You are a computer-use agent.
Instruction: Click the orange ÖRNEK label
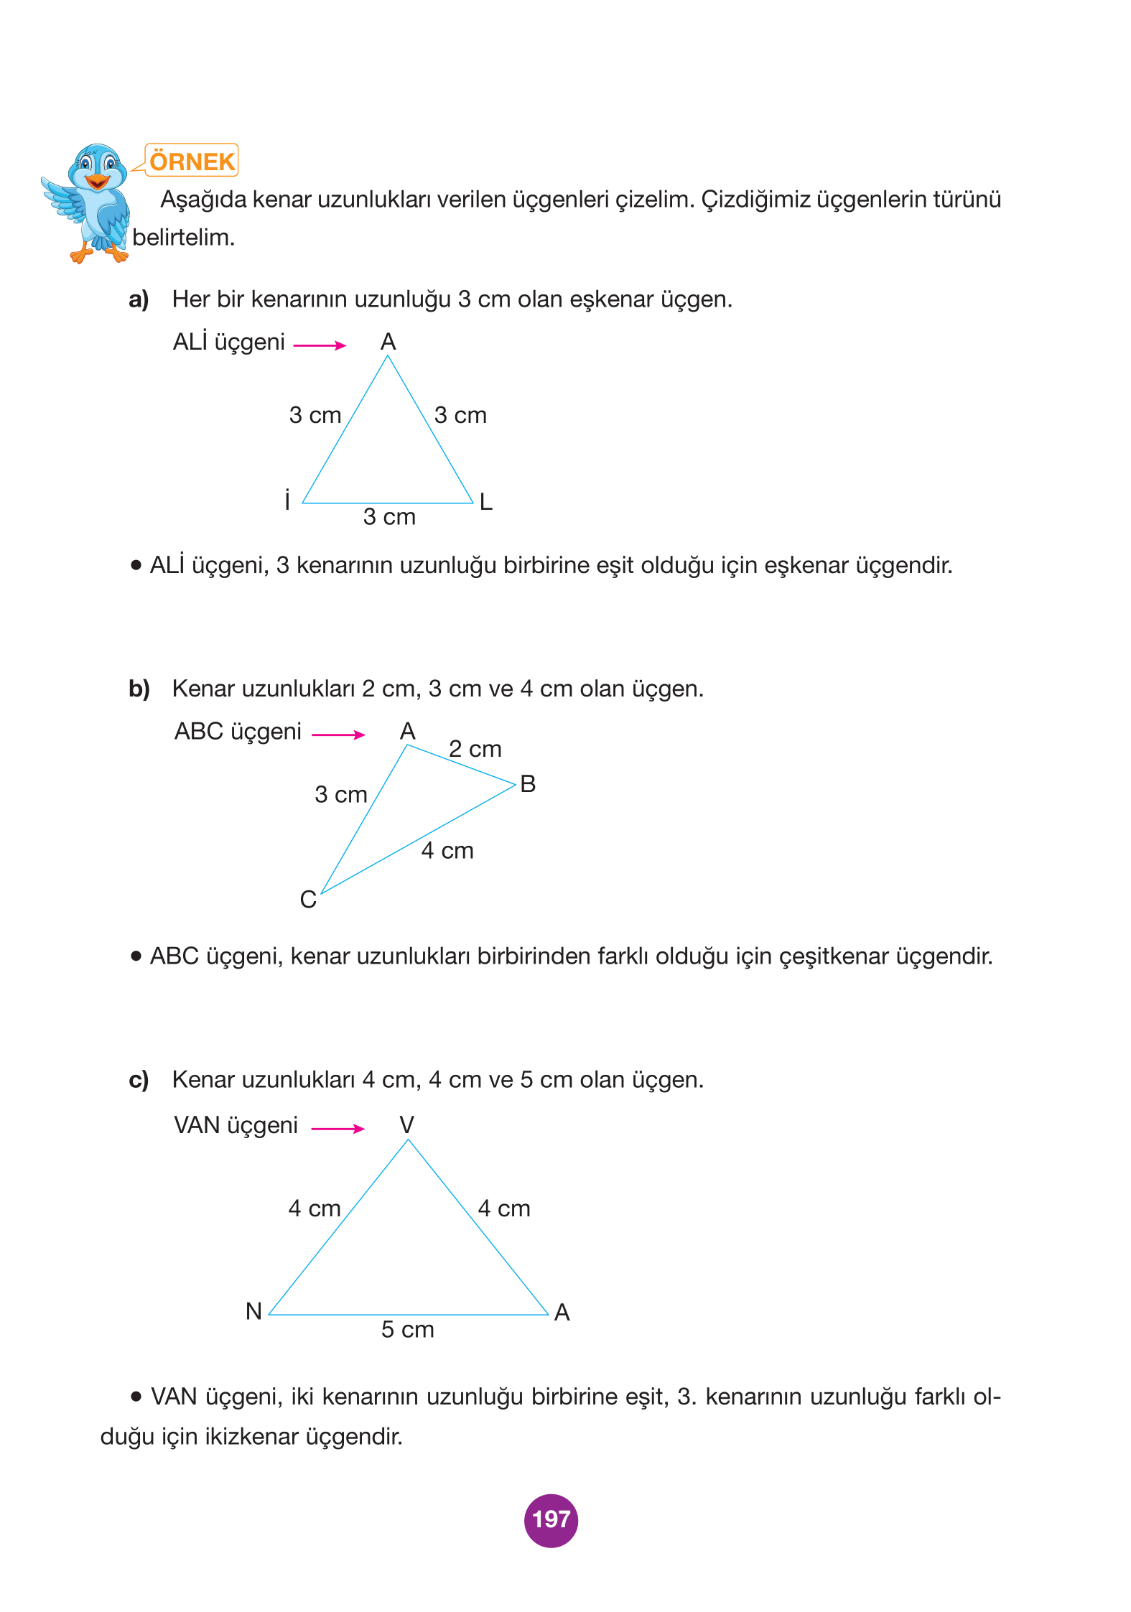[192, 161]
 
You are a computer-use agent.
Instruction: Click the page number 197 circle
[551, 1519]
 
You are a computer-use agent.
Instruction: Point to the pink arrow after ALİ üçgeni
[320, 345]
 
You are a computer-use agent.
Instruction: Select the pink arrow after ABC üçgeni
[338, 735]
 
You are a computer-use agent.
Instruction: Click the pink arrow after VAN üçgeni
[338, 1128]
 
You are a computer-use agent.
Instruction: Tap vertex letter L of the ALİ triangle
[486, 502]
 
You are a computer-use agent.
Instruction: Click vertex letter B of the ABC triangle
[528, 784]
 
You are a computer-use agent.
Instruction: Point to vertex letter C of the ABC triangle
[308, 899]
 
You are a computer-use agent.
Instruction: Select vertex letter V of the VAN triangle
[407, 1124]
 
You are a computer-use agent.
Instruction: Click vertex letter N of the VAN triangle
[253, 1311]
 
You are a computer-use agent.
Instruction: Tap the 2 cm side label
[475, 749]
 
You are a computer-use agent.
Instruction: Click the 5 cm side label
[407, 1329]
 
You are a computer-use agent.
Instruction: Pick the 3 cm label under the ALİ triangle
[389, 516]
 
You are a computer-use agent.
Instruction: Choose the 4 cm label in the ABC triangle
[447, 850]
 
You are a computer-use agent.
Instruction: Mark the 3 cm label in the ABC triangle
[340, 794]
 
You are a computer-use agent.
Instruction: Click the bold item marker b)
[139, 689]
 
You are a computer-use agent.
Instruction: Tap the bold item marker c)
[139, 1080]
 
